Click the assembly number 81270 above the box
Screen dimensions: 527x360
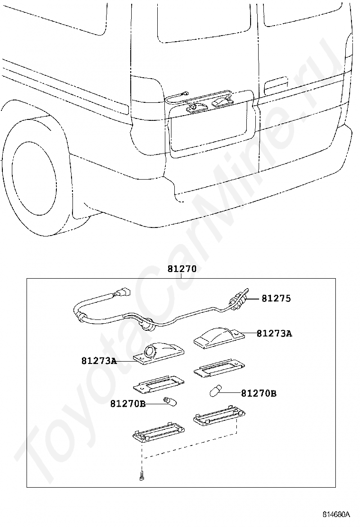click(x=181, y=269)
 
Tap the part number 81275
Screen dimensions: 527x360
click(x=276, y=299)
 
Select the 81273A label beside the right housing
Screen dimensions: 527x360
click(x=274, y=334)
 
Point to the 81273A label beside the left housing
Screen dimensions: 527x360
click(x=99, y=361)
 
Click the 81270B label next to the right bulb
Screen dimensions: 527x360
click(x=259, y=393)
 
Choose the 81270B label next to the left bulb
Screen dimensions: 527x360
click(x=128, y=403)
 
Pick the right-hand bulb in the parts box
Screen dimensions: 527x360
click(x=215, y=391)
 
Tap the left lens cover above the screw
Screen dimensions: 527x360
click(x=157, y=431)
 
